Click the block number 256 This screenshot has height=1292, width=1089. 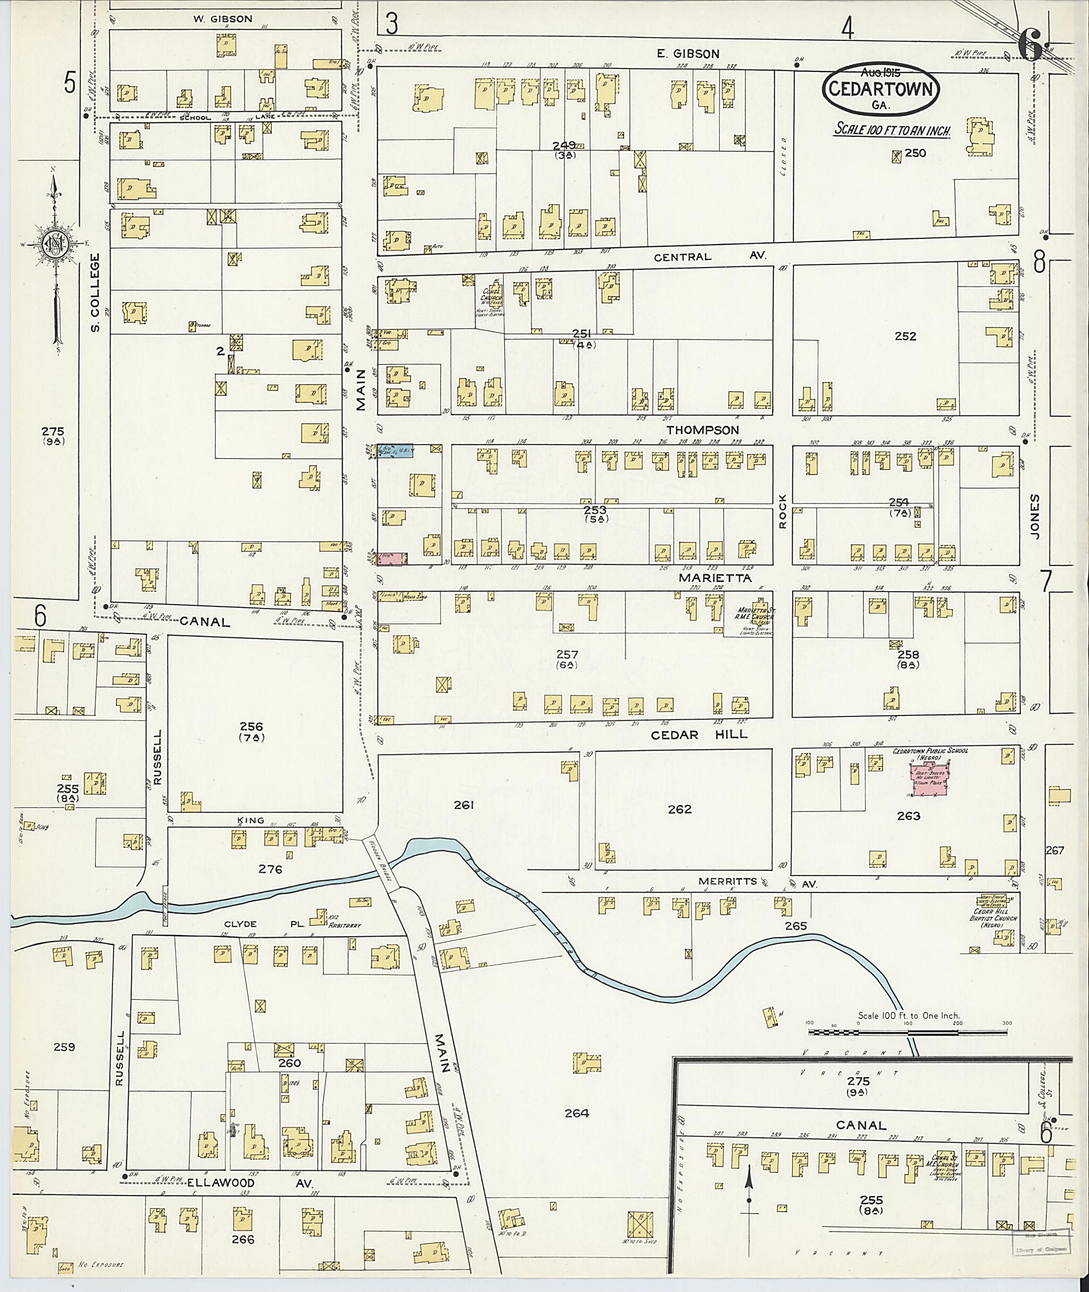click(x=252, y=726)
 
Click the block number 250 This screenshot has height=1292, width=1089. click(x=915, y=153)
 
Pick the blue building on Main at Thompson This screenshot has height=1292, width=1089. click(x=398, y=450)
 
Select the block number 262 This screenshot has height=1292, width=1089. click(x=679, y=809)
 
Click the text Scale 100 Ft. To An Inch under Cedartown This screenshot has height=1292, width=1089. click(x=891, y=130)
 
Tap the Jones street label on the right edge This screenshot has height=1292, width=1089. click(x=1036, y=516)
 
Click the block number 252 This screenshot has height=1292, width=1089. click(x=905, y=337)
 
